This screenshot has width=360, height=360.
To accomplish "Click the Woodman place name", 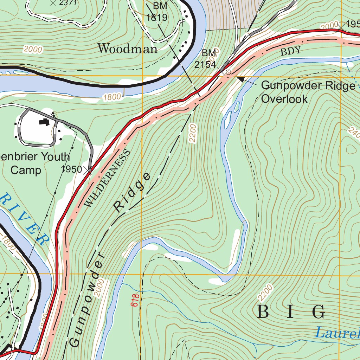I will (x=127, y=49).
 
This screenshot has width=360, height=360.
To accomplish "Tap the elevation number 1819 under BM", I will (x=156, y=17).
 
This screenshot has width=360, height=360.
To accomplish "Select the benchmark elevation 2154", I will (x=205, y=65).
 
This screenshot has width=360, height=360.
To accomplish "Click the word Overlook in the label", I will (x=284, y=98).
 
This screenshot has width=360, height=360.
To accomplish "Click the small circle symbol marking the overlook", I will (x=228, y=72).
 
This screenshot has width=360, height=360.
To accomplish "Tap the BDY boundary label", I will (x=291, y=51).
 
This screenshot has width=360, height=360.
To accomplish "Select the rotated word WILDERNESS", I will (x=108, y=178).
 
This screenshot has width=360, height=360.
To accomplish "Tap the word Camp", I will (x=26, y=170).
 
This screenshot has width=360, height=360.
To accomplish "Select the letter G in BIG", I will (x=319, y=312).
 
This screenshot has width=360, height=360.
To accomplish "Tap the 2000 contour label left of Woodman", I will (x=33, y=50).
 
